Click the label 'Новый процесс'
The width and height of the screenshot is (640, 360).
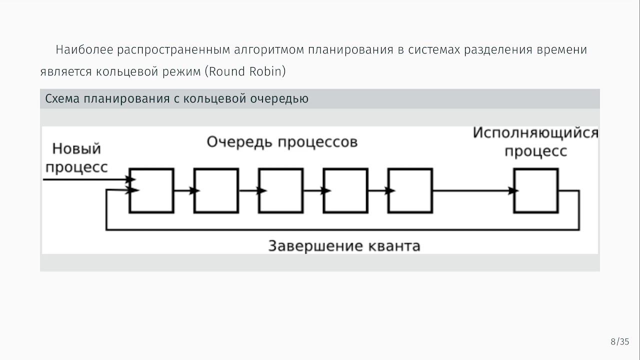point(76,157)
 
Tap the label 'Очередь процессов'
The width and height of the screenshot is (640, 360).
point(282,142)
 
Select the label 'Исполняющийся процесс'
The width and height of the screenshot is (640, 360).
point(535,142)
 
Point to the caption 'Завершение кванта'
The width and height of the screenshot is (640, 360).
point(344,246)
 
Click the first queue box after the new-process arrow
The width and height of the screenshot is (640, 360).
point(151,191)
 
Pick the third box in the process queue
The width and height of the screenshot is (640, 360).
point(280,191)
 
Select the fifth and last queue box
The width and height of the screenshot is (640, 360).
point(410,191)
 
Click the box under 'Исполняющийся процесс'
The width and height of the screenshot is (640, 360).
point(536,191)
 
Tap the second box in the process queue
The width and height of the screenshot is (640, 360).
point(216,191)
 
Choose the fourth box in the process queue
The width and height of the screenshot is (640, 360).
point(345,191)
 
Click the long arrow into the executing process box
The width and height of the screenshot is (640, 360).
point(473,190)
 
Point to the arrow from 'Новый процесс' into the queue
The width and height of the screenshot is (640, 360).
point(87,179)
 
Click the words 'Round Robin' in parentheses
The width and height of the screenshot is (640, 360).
point(245,71)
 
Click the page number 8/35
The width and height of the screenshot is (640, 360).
point(619,342)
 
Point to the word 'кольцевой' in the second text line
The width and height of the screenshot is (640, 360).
point(123,71)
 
